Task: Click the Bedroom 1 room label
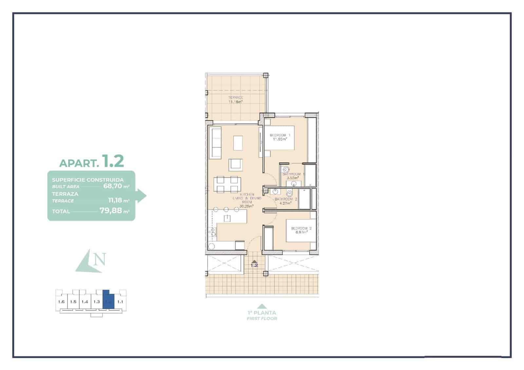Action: [x=280, y=135]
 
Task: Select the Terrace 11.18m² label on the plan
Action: [x=235, y=100]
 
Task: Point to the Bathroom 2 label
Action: [x=286, y=199]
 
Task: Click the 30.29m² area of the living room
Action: [x=247, y=207]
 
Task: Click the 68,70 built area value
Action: [x=112, y=186]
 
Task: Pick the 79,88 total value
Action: [x=110, y=211]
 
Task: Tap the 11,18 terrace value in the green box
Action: [x=115, y=200]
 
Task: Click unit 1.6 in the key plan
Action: [x=61, y=302]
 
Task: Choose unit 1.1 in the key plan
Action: [x=120, y=302]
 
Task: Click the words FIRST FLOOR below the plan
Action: [x=262, y=318]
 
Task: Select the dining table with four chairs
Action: [x=225, y=184]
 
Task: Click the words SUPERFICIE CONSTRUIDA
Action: [x=88, y=180]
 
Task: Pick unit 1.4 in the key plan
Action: [x=85, y=302]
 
